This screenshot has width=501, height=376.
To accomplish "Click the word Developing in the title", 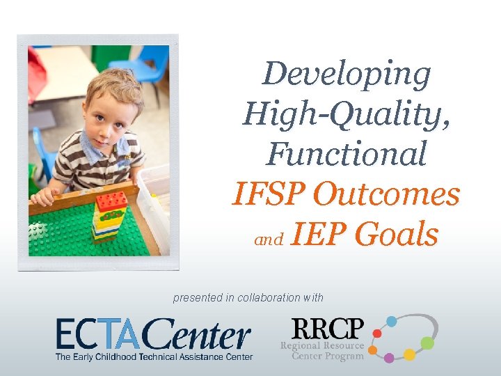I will click(347, 75).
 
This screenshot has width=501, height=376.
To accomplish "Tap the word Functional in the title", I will click(346, 153).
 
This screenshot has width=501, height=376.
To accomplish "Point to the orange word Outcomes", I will click(386, 194).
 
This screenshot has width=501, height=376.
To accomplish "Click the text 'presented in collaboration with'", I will click(248, 297).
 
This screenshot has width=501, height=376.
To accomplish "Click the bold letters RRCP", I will click(328, 329).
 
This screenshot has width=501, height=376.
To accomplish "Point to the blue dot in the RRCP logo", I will click(392, 321).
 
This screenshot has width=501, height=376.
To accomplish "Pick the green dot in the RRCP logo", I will click(427, 343).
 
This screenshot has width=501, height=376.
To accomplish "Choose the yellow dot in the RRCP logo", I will click(410, 354).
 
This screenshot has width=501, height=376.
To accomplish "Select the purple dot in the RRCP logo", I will click(389, 358).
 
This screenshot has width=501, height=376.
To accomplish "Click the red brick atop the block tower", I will click(112, 201).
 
